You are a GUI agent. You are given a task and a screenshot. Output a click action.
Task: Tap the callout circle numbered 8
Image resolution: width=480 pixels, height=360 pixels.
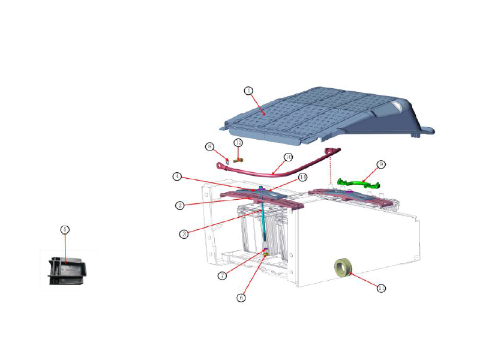[209, 146]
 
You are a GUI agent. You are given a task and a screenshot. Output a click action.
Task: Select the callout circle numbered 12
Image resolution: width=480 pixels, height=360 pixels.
[238, 143]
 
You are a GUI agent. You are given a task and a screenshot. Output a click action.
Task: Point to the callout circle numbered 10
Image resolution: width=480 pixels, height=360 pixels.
[288, 157]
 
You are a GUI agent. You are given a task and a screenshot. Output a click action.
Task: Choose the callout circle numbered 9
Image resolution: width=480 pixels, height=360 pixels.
[380, 164]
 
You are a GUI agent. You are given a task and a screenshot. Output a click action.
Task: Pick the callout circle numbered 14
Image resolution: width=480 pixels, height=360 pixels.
[303, 178]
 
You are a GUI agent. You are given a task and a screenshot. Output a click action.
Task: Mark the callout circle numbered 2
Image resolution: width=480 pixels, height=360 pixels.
[179, 205]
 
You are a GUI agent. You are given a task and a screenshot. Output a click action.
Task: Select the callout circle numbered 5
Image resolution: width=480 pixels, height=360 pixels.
[65, 229]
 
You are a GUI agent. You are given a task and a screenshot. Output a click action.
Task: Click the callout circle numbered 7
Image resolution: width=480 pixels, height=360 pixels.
[222, 275]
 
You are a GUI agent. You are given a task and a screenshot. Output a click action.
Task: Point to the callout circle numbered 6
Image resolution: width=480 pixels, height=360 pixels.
[242, 297]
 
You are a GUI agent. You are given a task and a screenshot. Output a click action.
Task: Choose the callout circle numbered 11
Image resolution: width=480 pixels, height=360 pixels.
[380, 288]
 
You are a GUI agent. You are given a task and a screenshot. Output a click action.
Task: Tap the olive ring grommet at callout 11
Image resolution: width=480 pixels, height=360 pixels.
[343, 266]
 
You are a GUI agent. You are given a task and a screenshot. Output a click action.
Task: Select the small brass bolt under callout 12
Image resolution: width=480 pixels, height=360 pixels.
[238, 160]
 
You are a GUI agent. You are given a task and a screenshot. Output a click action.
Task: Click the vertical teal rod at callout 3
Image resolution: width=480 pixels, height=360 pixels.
[263, 222]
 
